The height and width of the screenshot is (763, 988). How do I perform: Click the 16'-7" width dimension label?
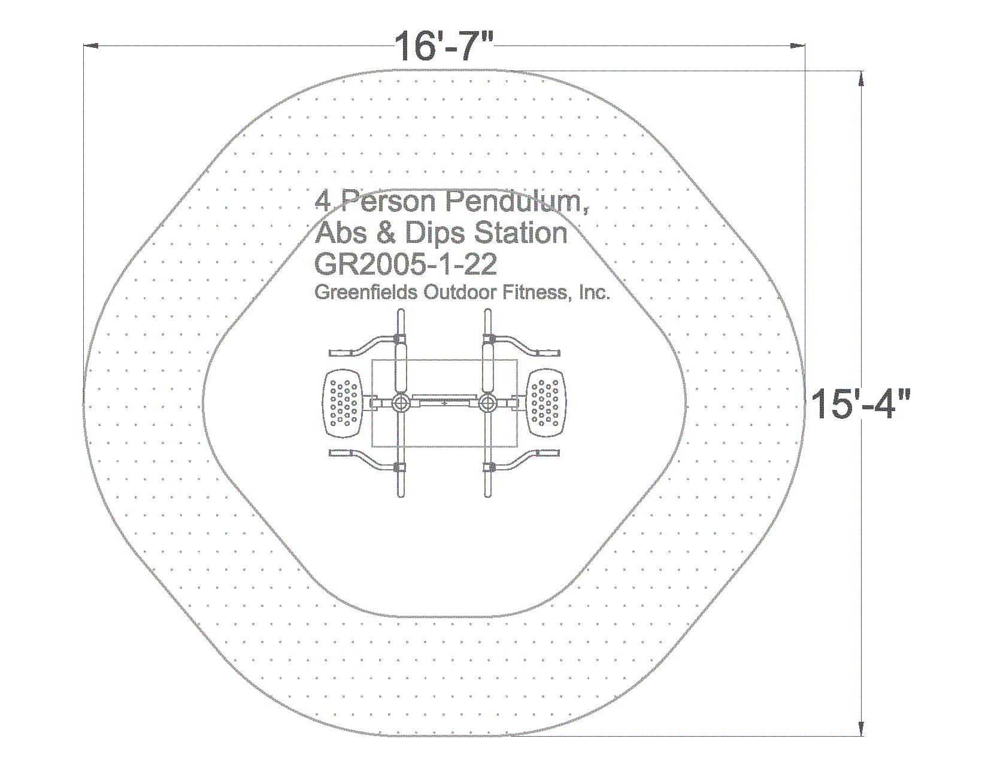tap(443, 45)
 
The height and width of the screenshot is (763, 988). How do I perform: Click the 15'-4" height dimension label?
tap(860, 403)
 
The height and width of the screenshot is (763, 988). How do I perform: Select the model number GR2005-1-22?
tap(405, 264)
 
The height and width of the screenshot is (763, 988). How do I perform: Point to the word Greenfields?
tap(366, 292)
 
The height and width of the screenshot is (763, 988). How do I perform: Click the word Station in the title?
tap(521, 233)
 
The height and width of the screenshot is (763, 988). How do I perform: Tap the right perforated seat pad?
tap(546, 403)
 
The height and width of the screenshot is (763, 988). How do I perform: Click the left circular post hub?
tap(401, 402)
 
